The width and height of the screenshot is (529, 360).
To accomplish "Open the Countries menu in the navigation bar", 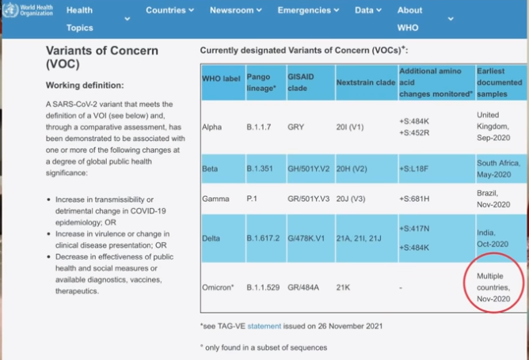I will (x=169, y=10).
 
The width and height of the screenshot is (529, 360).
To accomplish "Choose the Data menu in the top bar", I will (x=367, y=10).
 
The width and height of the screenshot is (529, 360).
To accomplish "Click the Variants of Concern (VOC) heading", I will (x=102, y=58).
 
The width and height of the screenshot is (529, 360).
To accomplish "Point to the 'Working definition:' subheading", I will (x=85, y=85).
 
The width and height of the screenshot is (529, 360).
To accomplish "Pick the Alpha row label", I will (x=212, y=126).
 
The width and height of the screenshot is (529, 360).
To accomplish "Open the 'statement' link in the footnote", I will (x=262, y=325).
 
